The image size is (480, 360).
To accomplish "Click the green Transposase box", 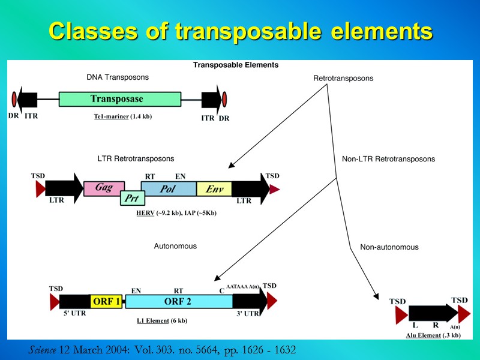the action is [x=120, y=99].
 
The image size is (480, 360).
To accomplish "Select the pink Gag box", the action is [x=104, y=188].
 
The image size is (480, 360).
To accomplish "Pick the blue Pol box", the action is [x=168, y=189].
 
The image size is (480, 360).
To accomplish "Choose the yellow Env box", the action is [x=214, y=189].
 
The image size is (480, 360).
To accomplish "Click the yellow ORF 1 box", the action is [x=107, y=301].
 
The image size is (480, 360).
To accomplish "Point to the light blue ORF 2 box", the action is [x=178, y=301].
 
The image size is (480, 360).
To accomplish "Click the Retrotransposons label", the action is [x=343, y=79].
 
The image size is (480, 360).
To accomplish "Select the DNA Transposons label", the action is [x=118, y=77].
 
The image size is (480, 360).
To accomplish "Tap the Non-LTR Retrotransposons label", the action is [x=388, y=159].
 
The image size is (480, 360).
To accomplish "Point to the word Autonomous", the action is [x=175, y=246].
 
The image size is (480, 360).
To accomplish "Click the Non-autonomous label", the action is [x=389, y=247].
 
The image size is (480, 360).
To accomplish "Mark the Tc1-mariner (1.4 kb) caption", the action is [x=122, y=116].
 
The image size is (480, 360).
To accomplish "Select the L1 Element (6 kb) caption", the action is [x=163, y=320].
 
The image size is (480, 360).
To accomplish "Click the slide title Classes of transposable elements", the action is [x=240, y=31].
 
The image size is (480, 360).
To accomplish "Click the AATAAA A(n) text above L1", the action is [x=244, y=288].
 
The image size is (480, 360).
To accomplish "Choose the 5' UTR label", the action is [x=74, y=312].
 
